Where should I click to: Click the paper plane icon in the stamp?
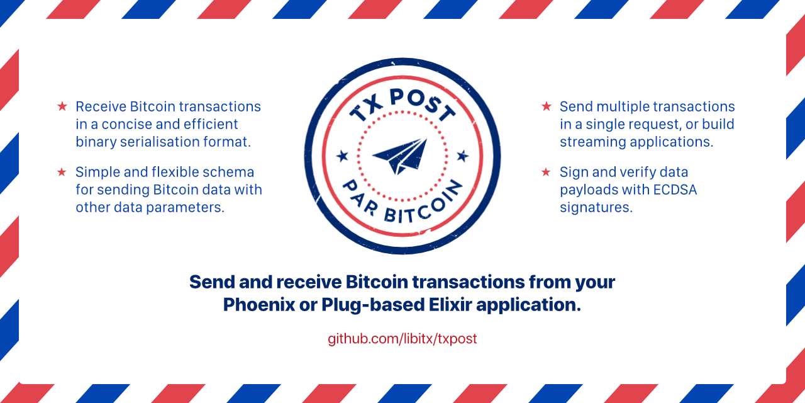[x=401, y=157]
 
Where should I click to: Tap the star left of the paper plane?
[x=342, y=155]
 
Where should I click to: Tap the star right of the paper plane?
[x=462, y=155]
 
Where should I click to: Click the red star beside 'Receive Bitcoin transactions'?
[x=62, y=106]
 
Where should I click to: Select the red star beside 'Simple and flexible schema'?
[x=62, y=172]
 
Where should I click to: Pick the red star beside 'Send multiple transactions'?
[x=546, y=106]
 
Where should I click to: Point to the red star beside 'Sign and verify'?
[x=546, y=172]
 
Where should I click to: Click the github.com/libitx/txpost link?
[x=402, y=339]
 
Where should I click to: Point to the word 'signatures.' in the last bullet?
[x=596, y=207]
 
